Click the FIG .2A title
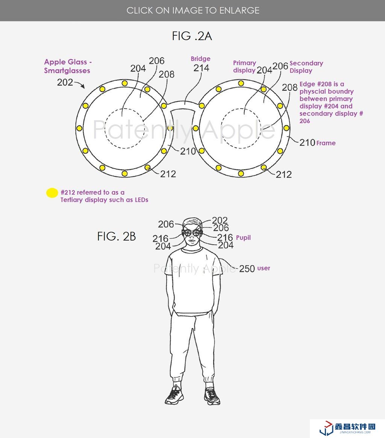click(x=192, y=36)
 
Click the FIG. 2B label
click(x=117, y=236)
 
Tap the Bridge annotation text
click(x=200, y=59)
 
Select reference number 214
click(x=201, y=68)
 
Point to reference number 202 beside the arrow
click(x=65, y=82)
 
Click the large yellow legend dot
click(x=52, y=193)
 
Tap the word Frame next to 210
click(x=326, y=143)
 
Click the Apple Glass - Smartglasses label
click(x=68, y=66)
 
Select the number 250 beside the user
click(x=247, y=268)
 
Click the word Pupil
click(x=243, y=238)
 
